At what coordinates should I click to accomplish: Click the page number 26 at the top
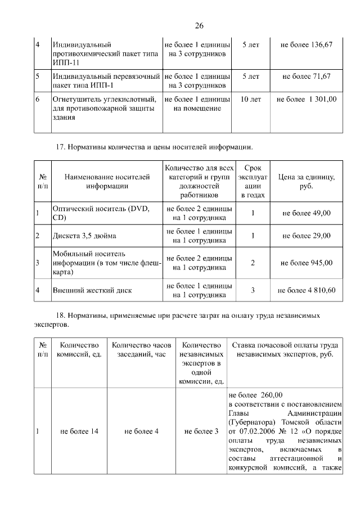pyautogui.click(x=198, y=26)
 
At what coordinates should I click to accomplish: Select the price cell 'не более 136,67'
pyautogui.click(x=306, y=44)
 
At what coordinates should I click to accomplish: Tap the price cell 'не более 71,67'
pyautogui.click(x=306, y=76)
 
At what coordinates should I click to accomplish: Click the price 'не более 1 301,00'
pyautogui.click(x=306, y=100)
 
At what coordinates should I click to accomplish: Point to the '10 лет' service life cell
pyautogui.click(x=250, y=100)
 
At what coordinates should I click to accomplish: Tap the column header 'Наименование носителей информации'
pyautogui.click(x=107, y=182)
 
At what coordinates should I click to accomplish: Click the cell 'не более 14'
pyautogui.click(x=79, y=431)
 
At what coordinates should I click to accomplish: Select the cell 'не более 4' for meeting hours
pyautogui.click(x=141, y=431)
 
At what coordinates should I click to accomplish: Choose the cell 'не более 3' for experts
pyautogui.click(x=201, y=431)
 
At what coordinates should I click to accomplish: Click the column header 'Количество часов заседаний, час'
pyautogui.click(x=141, y=350)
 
